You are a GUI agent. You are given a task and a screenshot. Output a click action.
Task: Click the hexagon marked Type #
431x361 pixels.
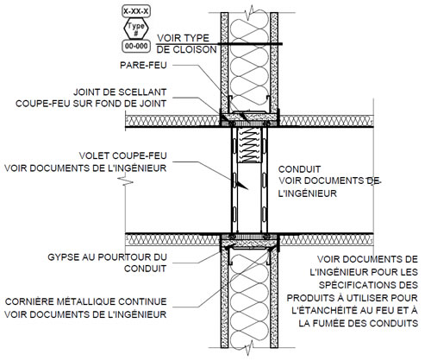click(136, 28)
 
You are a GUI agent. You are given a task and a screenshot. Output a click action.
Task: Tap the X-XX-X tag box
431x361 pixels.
click(136, 11)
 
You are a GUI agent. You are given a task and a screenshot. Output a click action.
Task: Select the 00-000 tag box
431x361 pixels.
click(136, 46)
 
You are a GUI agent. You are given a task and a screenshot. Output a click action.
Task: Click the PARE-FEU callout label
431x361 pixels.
click(143, 65)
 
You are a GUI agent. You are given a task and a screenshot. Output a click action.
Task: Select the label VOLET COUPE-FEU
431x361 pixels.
click(122, 155)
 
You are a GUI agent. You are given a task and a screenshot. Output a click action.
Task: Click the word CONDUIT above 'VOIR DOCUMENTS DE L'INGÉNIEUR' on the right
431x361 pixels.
click(299, 169)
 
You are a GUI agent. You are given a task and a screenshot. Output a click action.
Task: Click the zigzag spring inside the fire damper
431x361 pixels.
click(249, 145)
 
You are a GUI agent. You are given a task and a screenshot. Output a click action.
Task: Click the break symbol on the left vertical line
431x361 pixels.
click(126, 182)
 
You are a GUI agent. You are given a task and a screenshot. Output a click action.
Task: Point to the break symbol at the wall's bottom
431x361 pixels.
click(249, 348)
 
